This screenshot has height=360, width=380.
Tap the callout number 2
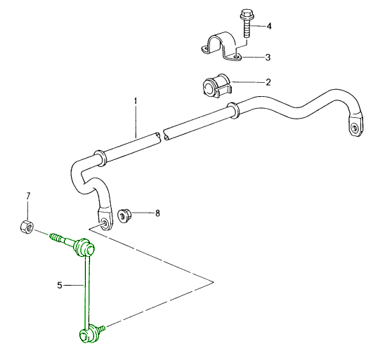(x=268, y=82)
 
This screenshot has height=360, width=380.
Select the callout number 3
(x=268, y=56)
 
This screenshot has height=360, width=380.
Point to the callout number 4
(x=268, y=26)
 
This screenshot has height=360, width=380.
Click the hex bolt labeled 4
(x=246, y=24)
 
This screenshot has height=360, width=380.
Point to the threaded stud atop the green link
(x=60, y=240)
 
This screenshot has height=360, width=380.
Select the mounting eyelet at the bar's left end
(x=105, y=222)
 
